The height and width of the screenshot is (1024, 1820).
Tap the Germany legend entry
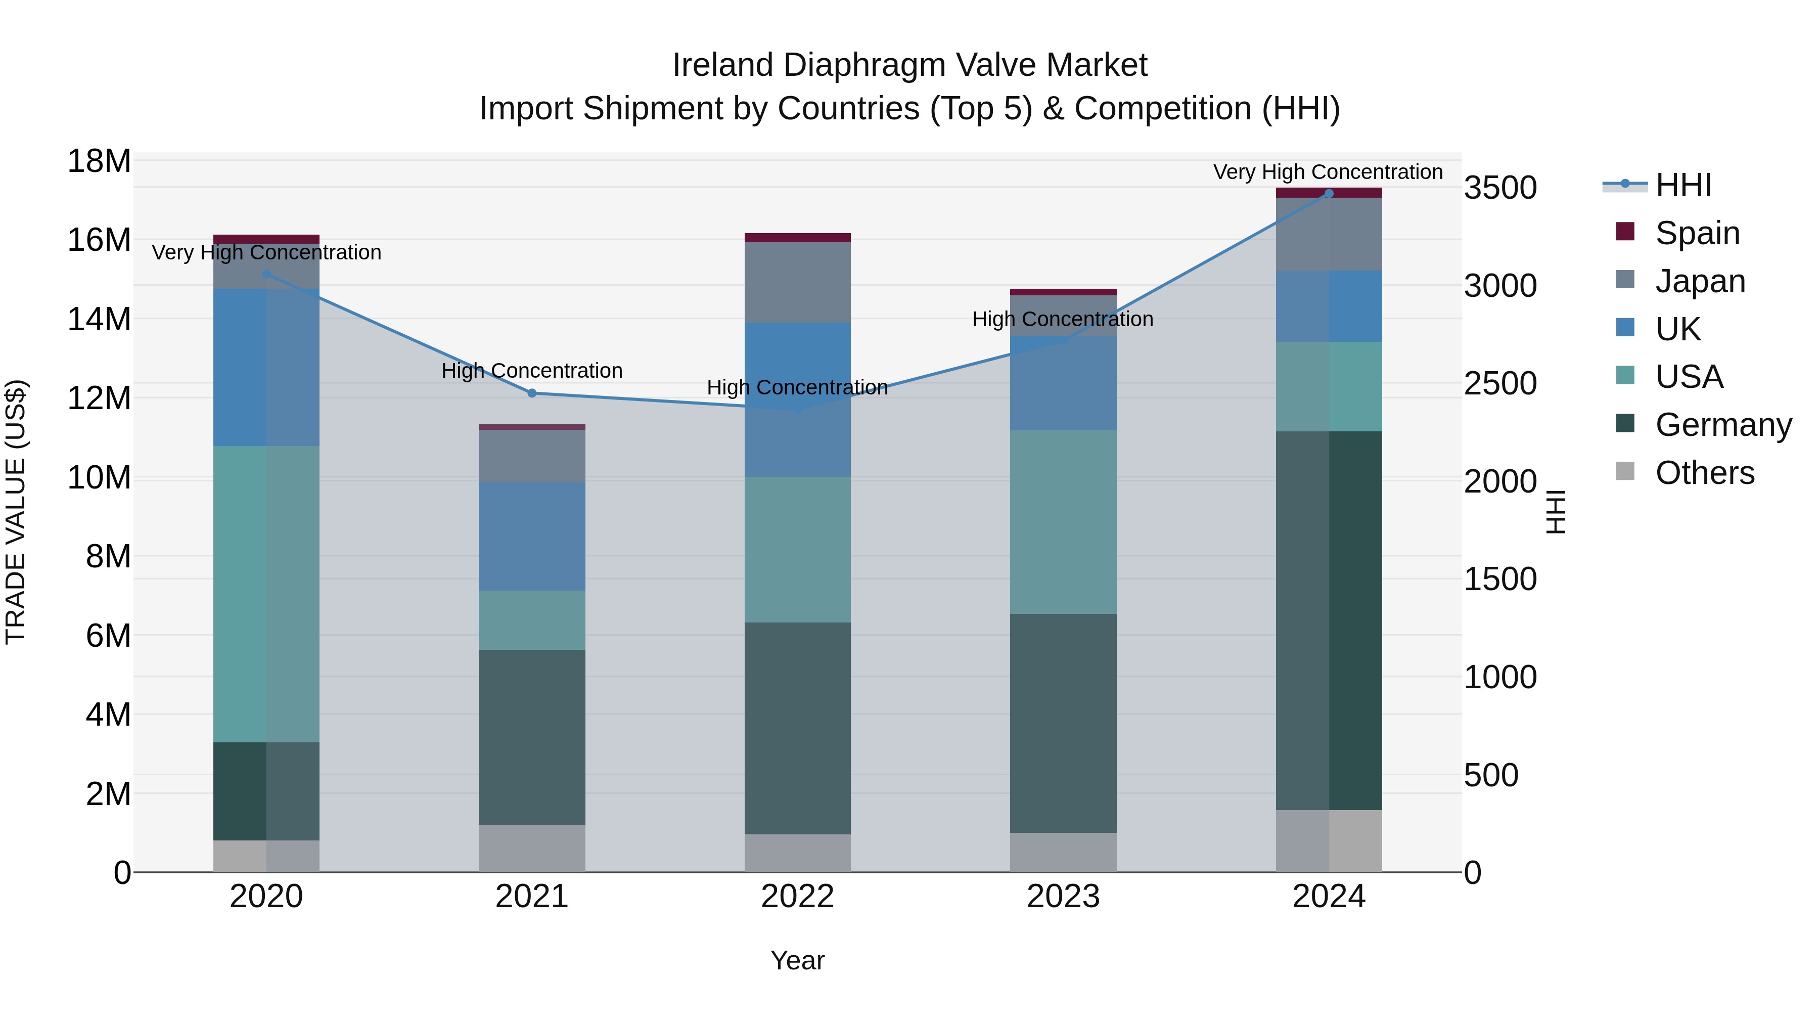pyautogui.click(x=1722, y=425)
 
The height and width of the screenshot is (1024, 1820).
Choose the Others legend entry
pyautogui.click(x=1704, y=473)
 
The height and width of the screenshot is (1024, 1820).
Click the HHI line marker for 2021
pyautogui.click(x=532, y=393)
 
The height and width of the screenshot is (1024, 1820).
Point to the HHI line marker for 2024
pyautogui.click(x=1328, y=194)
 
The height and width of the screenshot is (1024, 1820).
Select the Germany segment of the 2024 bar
pyautogui.click(x=1328, y=620)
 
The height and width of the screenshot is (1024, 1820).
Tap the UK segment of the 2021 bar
pyautogui.click(x=532, y=537)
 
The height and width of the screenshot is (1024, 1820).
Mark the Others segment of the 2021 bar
pyautogui.click(x=532, y=848)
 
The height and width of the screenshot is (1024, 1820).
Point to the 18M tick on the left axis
pyautogui.click(x=99, y=161)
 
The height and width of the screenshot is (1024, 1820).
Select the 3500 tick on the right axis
pyautogui.click(x=1499, y=188)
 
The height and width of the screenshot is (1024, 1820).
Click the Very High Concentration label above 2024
pyautogui.click(x=1328, y=172)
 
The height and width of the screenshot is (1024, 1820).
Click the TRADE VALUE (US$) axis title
pyautogui.click(x=16, y=512)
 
